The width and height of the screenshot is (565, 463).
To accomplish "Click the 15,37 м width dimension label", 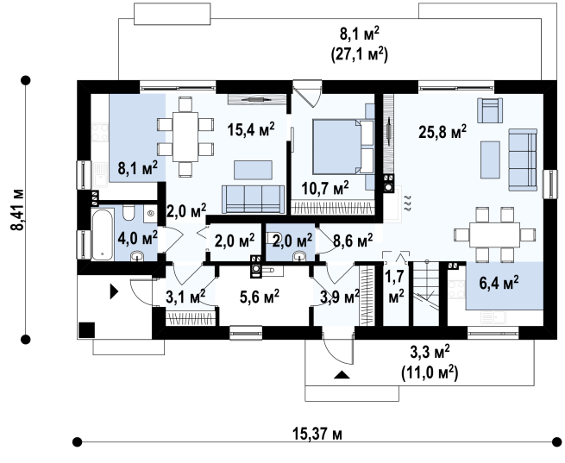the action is coord(317,435).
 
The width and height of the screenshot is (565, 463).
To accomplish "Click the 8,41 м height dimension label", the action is coord(17,210).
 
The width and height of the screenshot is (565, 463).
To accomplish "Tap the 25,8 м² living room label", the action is coord(443,132).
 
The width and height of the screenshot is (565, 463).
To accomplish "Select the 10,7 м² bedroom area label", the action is coord(325,188).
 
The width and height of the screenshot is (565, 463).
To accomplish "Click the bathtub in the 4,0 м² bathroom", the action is coord(103,235).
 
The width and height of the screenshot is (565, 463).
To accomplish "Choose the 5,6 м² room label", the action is coord(260,297).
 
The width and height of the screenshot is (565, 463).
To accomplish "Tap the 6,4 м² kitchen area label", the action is coord(499,283).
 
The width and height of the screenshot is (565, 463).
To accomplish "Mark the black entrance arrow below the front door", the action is coord(342,375).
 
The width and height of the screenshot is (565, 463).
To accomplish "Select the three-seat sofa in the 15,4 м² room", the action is coord(254,199).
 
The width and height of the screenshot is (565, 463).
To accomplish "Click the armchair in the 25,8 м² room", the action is coord(490,110).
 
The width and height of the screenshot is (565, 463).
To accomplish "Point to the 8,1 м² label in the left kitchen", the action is coord(138,168).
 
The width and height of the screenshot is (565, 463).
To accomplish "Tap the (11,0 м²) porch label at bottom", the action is coord(430,372).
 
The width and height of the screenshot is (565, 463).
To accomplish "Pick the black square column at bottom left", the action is coord(86,330).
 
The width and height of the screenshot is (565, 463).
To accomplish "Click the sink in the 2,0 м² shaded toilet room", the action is coord(299,256).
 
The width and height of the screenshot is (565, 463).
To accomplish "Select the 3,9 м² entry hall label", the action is coord(340,297).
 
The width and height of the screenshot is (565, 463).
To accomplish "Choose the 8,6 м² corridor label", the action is coord(353,241).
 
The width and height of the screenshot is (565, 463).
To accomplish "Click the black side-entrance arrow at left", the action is coord(114,291).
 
